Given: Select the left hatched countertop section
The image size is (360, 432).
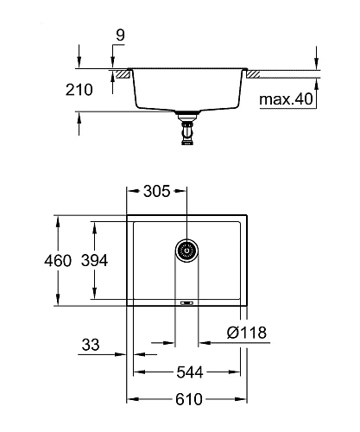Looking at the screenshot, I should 124,74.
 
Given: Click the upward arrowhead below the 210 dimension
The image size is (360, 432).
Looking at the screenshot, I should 79,116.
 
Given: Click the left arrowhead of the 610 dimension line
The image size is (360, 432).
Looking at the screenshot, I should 131,400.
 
